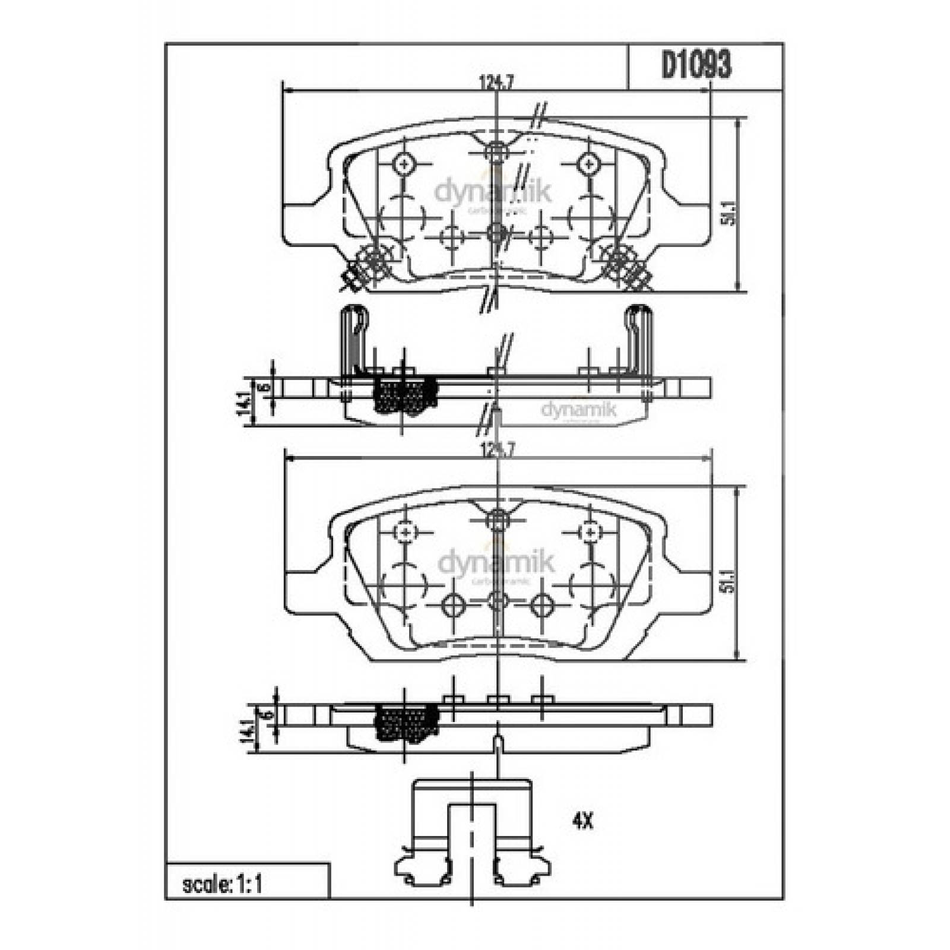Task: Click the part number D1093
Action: (x=696, y=66)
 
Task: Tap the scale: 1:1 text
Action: (x=223, y=885)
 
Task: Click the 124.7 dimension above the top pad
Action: (x=496, y=84)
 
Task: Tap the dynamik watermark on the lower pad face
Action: (x=496, y=562)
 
